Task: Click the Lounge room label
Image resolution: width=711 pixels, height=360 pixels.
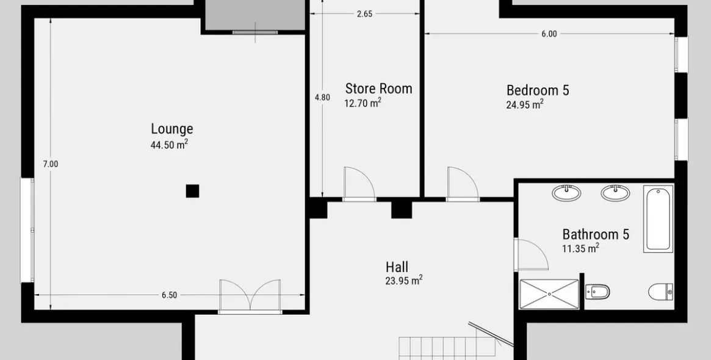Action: point(172,129)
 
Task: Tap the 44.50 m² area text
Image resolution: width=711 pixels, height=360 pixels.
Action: point(169,145)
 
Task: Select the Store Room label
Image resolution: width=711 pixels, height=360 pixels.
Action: point(378,88)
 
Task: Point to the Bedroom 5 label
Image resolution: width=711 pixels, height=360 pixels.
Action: point(537,90)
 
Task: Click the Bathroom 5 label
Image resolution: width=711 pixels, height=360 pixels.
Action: point(596,234)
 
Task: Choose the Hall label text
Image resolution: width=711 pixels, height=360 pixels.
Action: point(397,267)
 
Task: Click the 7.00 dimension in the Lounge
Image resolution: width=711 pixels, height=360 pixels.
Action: point(50,165)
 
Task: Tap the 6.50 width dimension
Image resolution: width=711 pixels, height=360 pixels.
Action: point(169,295)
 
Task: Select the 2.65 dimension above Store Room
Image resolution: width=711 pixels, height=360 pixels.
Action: point(364,14)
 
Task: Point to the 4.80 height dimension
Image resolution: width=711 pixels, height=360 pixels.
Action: point(322,97)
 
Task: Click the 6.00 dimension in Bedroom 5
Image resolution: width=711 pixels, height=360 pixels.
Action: point(549,34)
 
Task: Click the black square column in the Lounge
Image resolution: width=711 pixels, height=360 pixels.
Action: point(192,191)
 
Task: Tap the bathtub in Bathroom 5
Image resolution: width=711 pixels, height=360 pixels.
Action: point(658,218)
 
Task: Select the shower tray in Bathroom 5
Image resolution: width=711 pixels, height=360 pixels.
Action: point(549,294)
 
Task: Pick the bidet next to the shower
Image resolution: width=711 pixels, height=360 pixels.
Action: point(597,292)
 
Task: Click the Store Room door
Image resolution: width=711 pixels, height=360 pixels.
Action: point(359,183)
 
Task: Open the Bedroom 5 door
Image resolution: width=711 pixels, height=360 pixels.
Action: point(463,183)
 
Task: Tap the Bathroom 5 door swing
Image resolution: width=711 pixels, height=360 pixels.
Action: point(532,254)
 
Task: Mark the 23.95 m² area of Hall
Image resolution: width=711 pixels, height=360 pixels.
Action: point(404,281)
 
